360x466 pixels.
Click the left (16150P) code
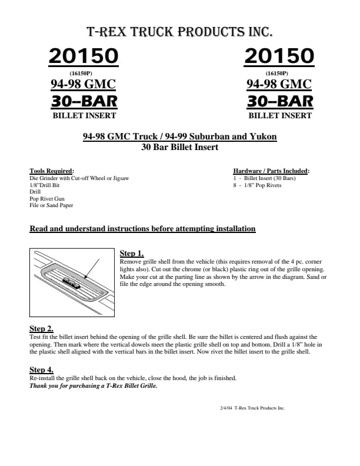(84, 73)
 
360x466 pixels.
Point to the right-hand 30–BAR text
(280, 101)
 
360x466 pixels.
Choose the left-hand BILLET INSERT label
(84, 116)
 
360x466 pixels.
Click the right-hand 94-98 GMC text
(279, 84)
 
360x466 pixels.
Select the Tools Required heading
(52, 171)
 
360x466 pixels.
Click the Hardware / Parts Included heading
(271, 171)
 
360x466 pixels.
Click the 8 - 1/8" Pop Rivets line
(257, 185)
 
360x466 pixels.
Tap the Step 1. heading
(132, 253)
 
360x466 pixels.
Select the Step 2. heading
(42, 328)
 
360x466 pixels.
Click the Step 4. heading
(42, 369)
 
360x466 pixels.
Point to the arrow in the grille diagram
(91, 268)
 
